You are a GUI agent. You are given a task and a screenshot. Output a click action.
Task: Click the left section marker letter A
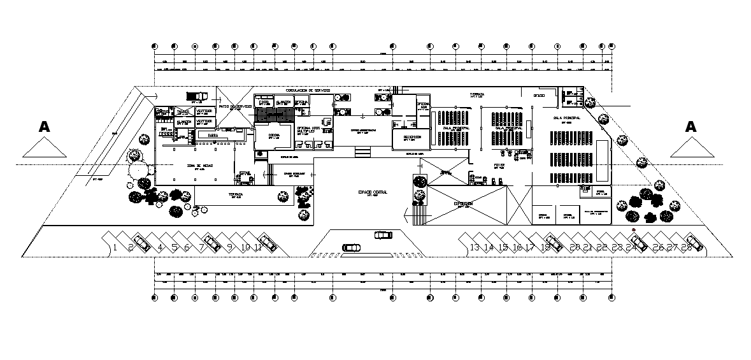(x=44, y=126)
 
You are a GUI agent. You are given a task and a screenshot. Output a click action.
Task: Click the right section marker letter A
(x=690, y=126)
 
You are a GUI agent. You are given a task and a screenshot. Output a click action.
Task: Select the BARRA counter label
(x=204, y=134)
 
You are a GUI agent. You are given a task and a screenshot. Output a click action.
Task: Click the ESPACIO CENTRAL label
(x=373, y=192)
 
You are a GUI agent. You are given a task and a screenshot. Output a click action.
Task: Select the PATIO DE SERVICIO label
(x=236, y=106)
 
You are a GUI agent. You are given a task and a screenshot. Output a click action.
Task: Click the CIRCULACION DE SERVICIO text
(x=308, y=90)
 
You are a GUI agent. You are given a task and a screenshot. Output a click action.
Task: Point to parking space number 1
(x=115, y=247)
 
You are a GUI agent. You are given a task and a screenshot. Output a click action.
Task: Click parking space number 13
(x=474, y=247)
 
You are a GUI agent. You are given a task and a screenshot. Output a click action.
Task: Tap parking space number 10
(x=245, y=247)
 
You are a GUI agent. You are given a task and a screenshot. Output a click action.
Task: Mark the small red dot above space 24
(x=634, y=230)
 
